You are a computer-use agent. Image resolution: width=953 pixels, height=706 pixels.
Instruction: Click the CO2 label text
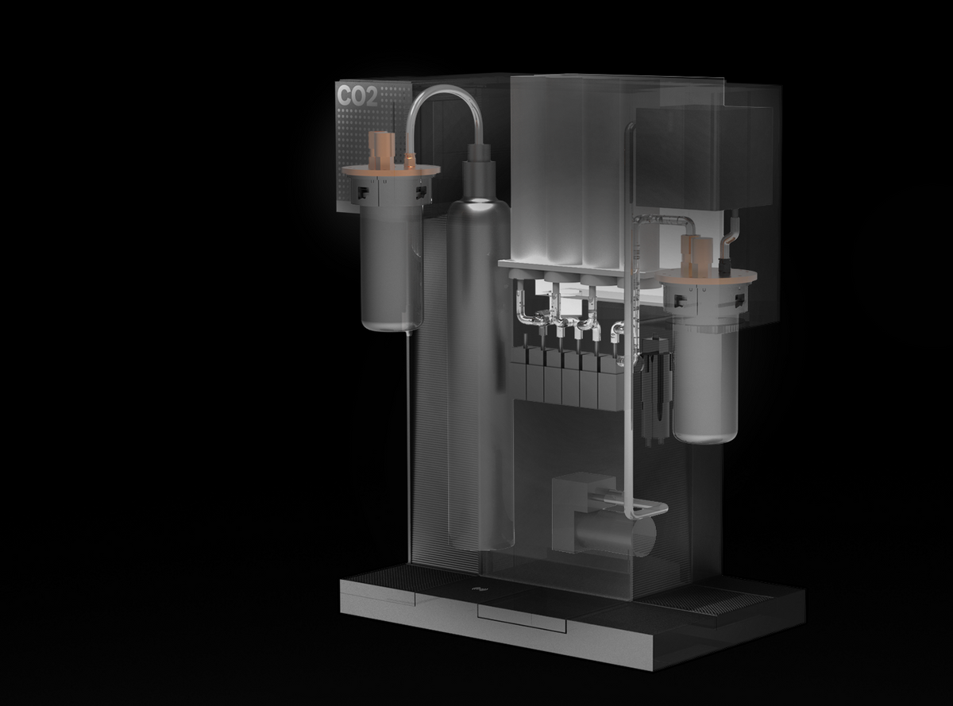point(357,96)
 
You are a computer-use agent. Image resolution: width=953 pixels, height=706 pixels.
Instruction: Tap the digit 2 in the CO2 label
point(371,96)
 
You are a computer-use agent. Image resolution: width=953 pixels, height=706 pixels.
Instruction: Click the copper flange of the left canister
point(392,171)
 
